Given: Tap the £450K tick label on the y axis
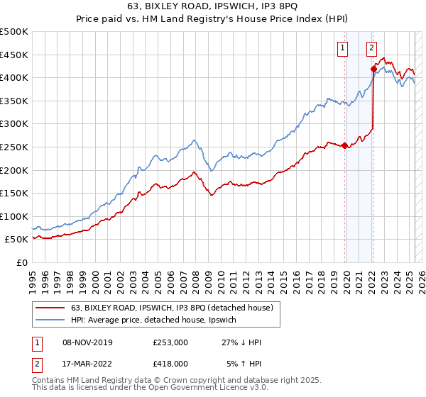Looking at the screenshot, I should pyautogui.click(x=14, y=55).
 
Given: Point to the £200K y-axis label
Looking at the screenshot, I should pyautogui.click(x=14, y=170).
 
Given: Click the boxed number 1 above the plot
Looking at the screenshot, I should pyautogui.click(x=343, y=48).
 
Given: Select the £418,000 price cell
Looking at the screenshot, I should pyautogui.click(x=170, y=364).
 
